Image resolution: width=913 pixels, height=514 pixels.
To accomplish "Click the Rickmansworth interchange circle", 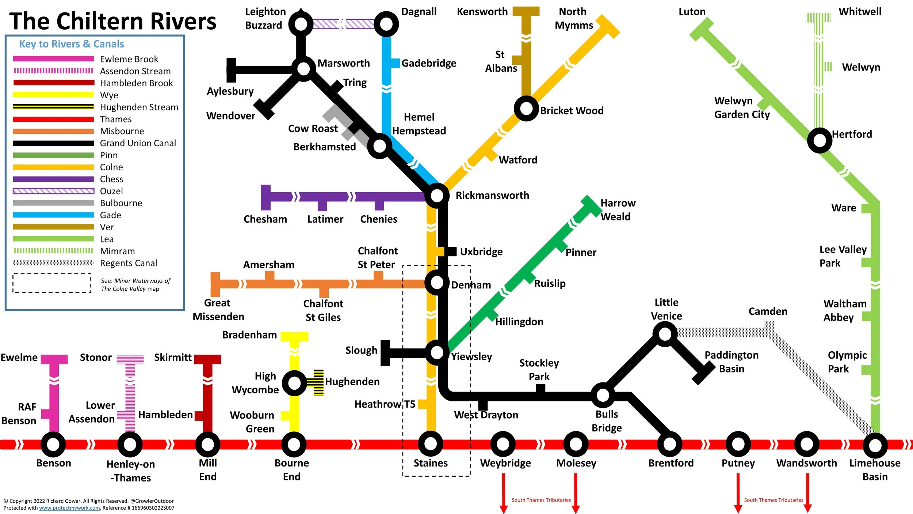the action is pos(437,196).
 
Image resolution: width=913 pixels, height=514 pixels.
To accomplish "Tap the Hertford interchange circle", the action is pos(820,140).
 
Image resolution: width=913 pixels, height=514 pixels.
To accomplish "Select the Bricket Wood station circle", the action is pos(526,109).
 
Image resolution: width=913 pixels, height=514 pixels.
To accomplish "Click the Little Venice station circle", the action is pos(665,334).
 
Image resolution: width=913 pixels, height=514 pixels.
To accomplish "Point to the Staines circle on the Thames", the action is pos(431,444).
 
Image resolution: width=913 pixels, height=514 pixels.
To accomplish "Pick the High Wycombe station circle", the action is pos(294,383).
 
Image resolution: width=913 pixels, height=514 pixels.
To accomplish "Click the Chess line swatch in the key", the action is pos(53,179).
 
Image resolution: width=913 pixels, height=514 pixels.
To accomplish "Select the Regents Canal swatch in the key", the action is pos(53,263).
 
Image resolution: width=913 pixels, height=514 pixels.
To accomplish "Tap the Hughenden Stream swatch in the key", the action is pos(53,107).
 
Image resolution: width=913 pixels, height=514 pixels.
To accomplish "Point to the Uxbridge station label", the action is pos(481,252).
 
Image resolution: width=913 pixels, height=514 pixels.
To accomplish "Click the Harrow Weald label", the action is pos(618,210).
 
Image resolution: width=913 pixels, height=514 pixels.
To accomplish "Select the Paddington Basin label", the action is pos(731,362).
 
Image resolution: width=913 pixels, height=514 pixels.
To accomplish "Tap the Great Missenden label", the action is pos(218,310).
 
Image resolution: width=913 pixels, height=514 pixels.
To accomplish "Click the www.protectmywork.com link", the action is pos(69,508).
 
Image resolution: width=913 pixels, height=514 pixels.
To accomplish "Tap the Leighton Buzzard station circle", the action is pos(301,24).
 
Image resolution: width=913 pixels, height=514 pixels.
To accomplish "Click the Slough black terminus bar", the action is pos(385,353).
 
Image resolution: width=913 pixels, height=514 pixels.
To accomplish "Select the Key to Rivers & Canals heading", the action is pos(72,44).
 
